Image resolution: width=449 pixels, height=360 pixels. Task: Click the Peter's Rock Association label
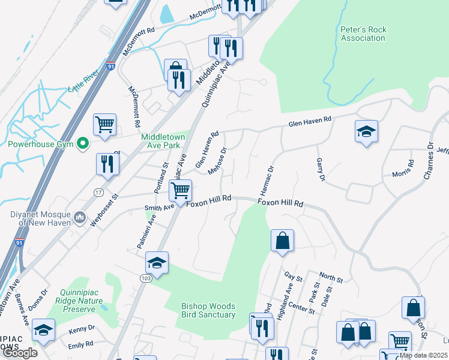coord(363,34)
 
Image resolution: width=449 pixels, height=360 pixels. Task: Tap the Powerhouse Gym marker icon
coord(83,144)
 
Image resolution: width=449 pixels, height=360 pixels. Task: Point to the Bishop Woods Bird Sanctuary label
coord(208,310)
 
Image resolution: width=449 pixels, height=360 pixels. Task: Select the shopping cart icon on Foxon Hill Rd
coord(179,191)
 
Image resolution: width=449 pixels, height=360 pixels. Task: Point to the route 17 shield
coord(99,192)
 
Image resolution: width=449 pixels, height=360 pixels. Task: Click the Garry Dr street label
coord(320,170)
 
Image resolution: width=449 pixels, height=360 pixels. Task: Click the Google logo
coord(20,353)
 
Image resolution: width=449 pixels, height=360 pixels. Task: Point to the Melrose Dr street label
coord(217,162)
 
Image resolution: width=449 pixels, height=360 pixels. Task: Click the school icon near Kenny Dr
coord(43,331)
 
